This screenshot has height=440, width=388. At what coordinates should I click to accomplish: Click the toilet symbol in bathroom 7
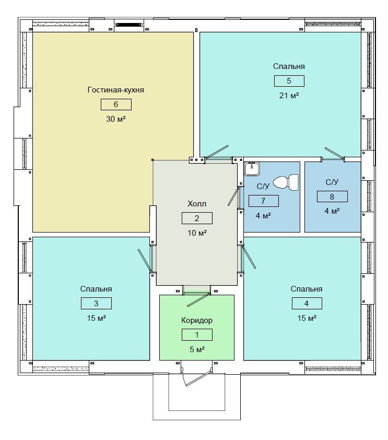coord(286,182)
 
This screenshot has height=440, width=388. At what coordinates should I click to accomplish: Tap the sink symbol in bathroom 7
coord(252,169)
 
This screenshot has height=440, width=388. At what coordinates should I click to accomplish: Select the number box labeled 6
coord(116,105)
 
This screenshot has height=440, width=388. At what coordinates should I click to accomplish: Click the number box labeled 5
coord(289,81)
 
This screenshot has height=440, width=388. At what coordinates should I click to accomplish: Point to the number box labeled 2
coord(197,218)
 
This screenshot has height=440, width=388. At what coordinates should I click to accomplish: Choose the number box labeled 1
coord(197,335)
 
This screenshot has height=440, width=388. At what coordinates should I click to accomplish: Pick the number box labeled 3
coord(96,303)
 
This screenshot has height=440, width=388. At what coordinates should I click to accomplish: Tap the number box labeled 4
coord(307,303)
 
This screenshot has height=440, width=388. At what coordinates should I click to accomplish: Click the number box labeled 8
coord(332,196)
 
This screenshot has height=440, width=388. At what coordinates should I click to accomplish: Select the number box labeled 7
coord(264,201)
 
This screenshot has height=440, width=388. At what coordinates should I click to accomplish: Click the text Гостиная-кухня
coord(116,90)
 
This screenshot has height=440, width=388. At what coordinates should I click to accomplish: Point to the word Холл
coord(197,204)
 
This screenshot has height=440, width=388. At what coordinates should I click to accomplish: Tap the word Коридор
coord(197,320)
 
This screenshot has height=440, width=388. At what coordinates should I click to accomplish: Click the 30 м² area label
coord(116,119)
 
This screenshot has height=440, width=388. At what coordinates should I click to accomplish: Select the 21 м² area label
coord(289,96)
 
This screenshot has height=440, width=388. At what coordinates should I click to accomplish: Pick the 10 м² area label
coord(197,233)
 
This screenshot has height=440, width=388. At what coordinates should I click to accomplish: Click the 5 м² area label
coord(197,350)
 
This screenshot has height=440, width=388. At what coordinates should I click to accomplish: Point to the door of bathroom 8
coord(334,154)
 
